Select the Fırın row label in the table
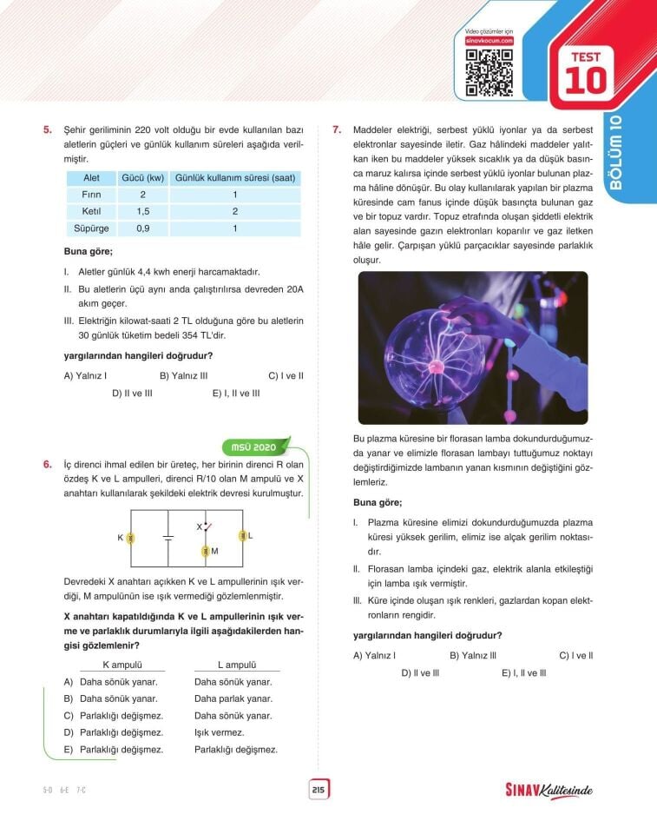tap(90, 195)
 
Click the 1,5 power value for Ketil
tap(142, 212)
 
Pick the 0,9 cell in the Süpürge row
tap(142, 228)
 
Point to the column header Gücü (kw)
tap(142, 177)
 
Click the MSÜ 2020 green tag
tap(253, 447)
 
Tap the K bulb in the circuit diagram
tap(130, 538)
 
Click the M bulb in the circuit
tap(205, 551)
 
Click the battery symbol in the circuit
tap(168, 538)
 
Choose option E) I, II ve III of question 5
tap(236, 393)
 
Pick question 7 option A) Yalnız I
tap(375, 655)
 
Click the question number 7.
tap(337, 130)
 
